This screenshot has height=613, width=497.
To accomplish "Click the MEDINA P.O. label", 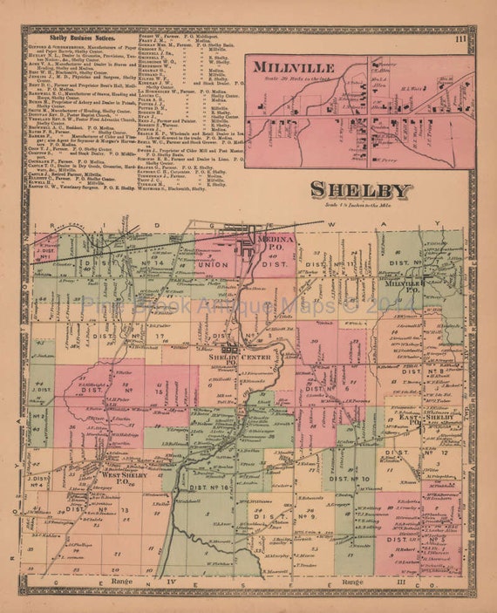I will pos(275,248).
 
